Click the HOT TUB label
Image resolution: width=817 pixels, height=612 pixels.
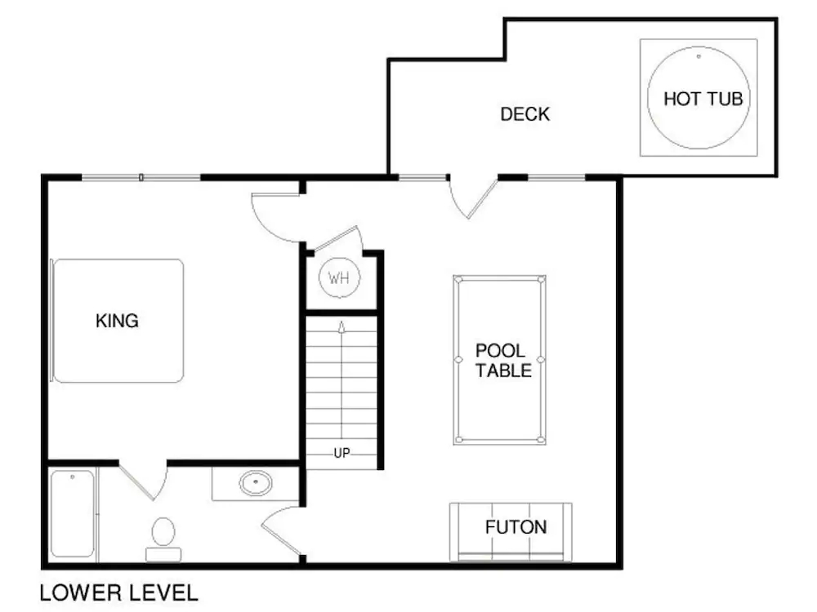703,99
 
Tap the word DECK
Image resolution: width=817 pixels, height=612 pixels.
525,114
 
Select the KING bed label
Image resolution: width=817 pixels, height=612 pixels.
118,321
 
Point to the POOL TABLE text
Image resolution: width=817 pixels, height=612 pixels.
503,361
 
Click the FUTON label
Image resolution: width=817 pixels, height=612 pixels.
516,527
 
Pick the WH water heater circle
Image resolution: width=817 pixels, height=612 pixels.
339,277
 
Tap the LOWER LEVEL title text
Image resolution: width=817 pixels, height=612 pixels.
118,592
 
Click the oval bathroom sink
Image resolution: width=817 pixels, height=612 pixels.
255,482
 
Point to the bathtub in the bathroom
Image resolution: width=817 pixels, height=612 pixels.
73,514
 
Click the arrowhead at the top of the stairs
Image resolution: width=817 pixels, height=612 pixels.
342,326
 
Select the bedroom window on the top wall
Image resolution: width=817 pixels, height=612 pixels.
141,177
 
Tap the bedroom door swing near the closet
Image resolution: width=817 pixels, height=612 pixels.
275,215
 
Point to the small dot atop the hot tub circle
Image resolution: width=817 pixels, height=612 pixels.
699,57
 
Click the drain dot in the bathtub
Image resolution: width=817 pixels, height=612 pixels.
73,476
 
